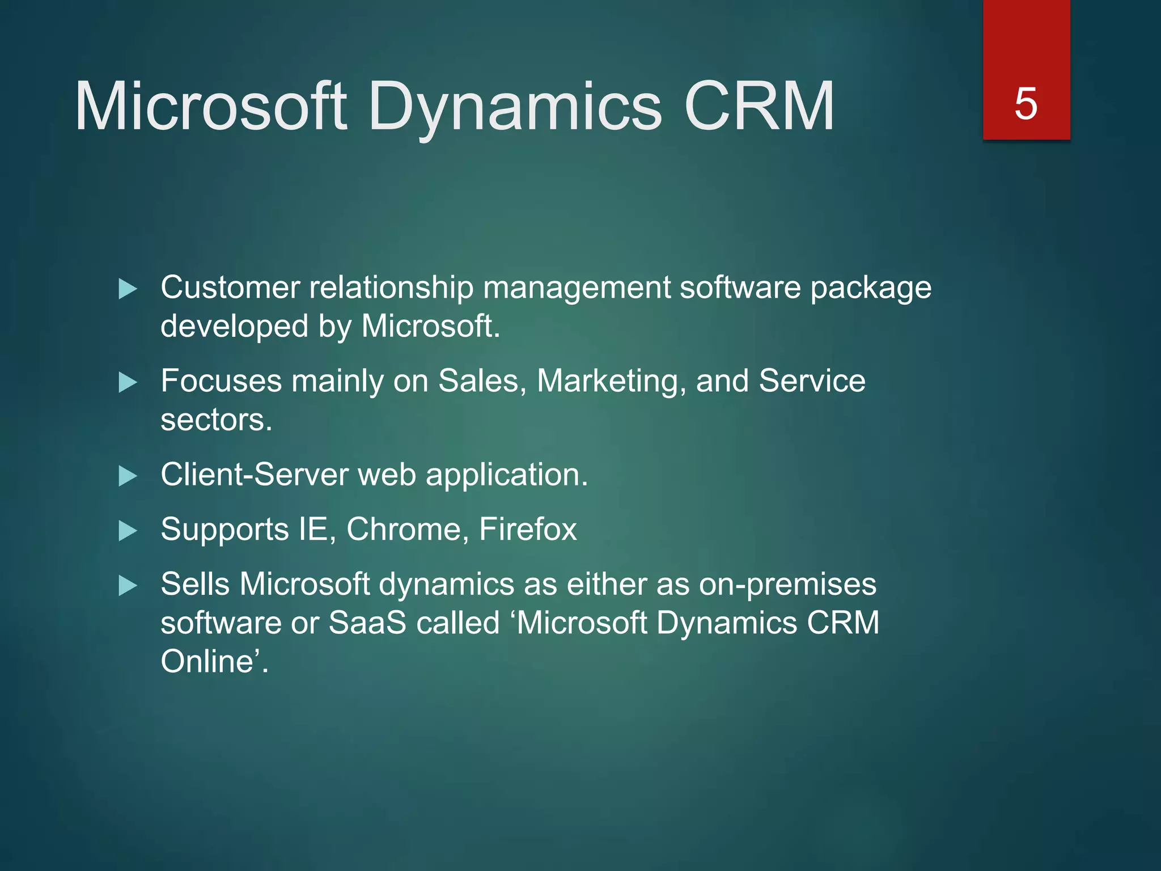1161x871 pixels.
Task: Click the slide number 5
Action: tap(1026, 104)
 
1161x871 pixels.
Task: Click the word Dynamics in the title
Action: tap(514, 107)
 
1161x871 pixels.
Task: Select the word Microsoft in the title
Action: tap(210, 107)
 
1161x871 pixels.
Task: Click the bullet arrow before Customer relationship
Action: tap(128, 289)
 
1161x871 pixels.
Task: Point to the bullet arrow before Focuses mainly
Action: tap(128, 383)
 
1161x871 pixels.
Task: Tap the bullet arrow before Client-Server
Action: tap(128, 476)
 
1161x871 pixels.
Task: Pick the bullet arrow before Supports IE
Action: tap(128, 531)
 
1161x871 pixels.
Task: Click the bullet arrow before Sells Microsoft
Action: tap(128, 586)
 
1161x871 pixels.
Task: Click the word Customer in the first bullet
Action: tap(230, 287)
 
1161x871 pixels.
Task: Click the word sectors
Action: tap(216, 420)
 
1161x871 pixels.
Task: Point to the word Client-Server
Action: tap(255, 475)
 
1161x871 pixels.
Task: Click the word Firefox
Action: tap(528, 530)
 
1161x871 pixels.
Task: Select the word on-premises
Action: tap(787, 585)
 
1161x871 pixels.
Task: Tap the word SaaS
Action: tap(367, 623)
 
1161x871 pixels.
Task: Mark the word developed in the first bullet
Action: tap(234, 327)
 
